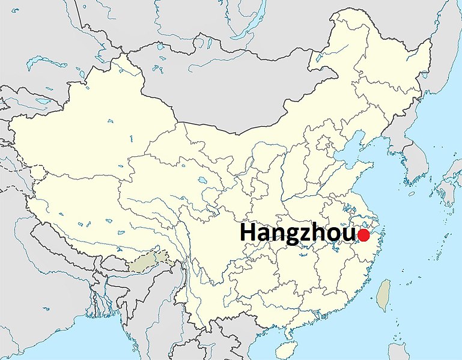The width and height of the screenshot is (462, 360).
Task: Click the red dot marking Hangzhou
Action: click(x=363, y=235)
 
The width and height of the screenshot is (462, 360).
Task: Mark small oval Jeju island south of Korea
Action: click(x=412, y=194)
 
